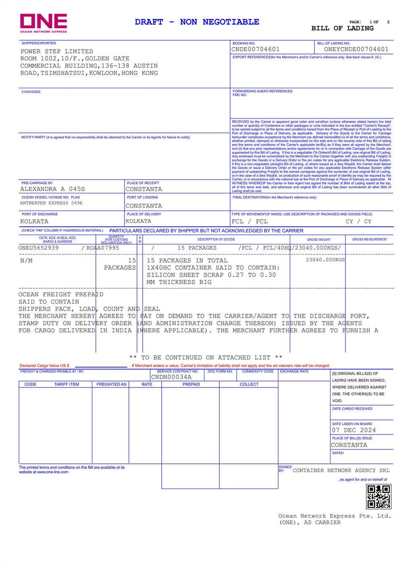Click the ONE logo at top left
pos(44,23)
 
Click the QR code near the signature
pos(378,497)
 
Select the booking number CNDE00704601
pos(255,50)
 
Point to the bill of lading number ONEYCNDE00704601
pos(356,50)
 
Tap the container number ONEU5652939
pos(38,248)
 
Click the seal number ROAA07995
pos(103,248)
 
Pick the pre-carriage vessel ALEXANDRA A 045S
pos(52,189)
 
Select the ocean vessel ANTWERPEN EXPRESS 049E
pos(51,203)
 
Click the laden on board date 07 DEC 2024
pos(354,430)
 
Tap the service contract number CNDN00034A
pos(171,377)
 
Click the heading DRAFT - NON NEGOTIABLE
pos(197,22)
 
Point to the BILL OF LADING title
pos(342,29)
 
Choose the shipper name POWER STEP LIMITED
pos(57,52)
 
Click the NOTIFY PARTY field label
pos(33,137)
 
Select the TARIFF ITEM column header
pos(66,385)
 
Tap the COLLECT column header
pos(249,385)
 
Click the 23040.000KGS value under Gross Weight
pos(325,260)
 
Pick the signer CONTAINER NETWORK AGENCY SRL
pos(341,470)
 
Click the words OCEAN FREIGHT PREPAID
pos(61,294)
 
